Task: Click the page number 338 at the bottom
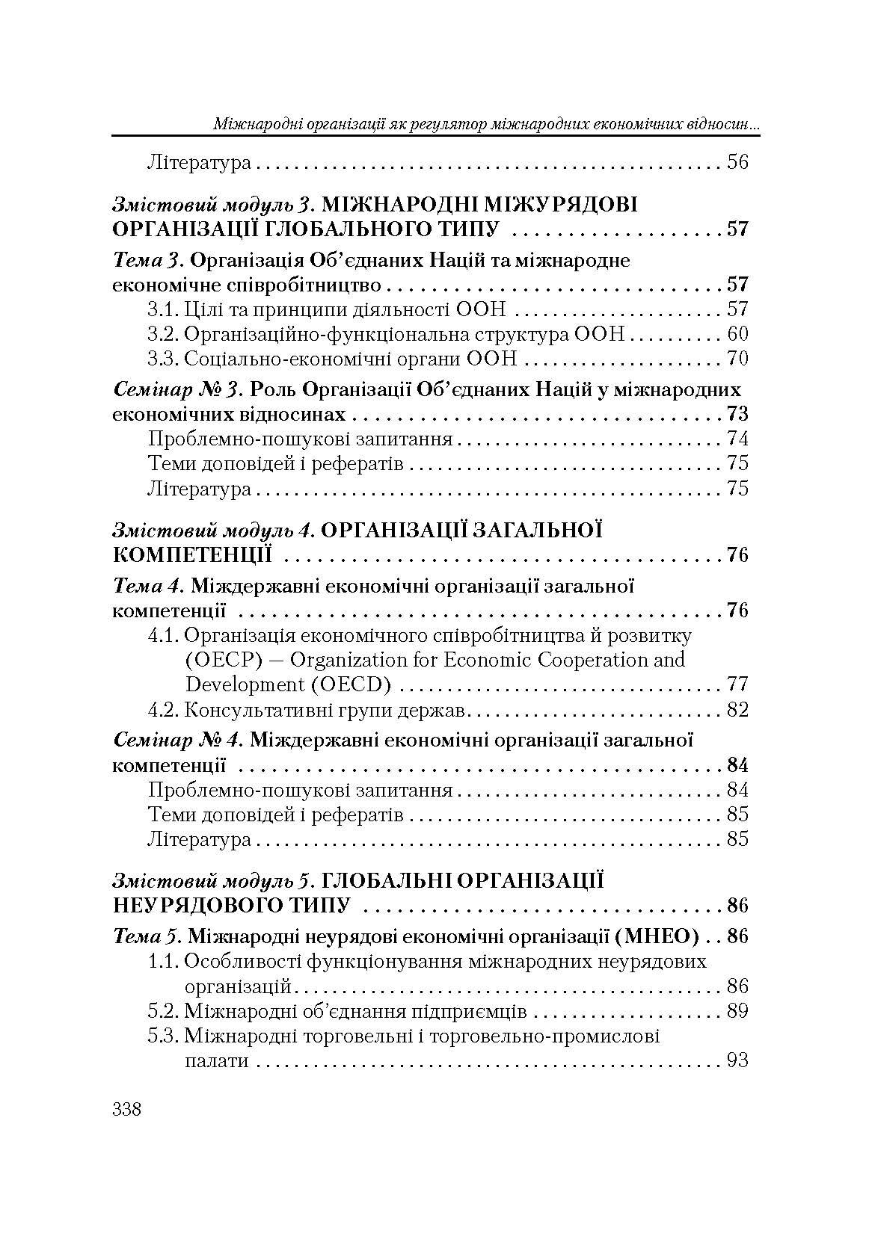126,1109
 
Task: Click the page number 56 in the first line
737,162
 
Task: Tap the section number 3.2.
162,334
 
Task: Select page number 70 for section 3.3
737,359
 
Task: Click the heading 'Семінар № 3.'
179,390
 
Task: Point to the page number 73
737,415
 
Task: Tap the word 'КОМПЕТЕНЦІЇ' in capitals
191,555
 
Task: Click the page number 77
737,685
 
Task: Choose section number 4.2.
162,709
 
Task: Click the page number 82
737,709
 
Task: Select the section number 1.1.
162,962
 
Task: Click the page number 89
737,1012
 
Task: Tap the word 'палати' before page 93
216,1061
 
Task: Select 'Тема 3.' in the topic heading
149,261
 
